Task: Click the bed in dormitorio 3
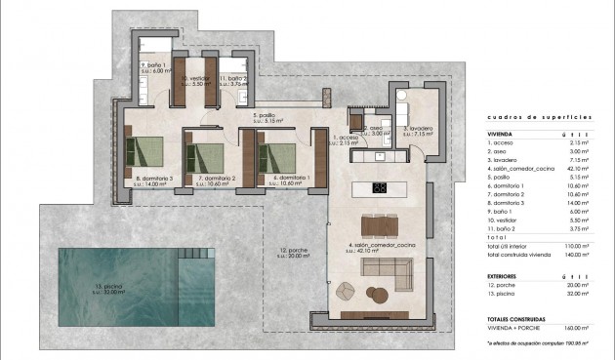144,155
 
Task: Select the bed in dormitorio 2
207,157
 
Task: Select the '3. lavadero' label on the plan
418,128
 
